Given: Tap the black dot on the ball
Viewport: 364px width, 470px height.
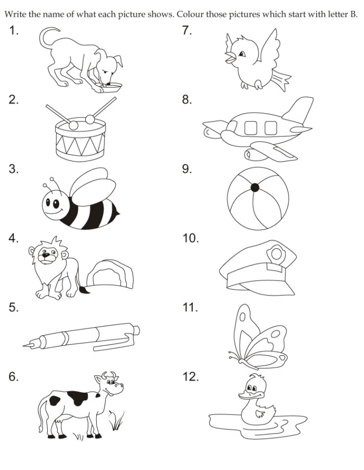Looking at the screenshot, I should tap(254, 187).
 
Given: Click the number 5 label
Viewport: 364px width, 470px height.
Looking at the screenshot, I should tap(14, 308).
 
